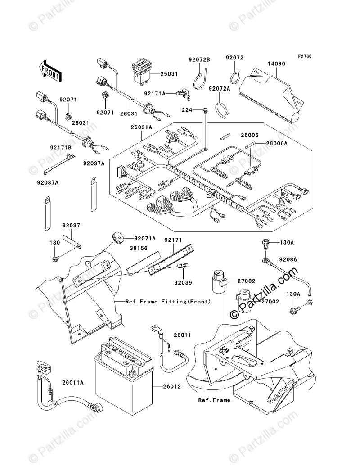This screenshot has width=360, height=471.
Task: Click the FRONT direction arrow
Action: pos(50,70)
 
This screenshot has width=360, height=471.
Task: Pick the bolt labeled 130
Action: pos(56,258)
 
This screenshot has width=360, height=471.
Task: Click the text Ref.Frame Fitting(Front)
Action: pos(168,302)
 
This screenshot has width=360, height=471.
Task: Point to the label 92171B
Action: pos(58,147)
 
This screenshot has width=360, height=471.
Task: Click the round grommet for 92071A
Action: pos(116,238)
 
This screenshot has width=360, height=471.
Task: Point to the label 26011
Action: pos(182,335)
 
